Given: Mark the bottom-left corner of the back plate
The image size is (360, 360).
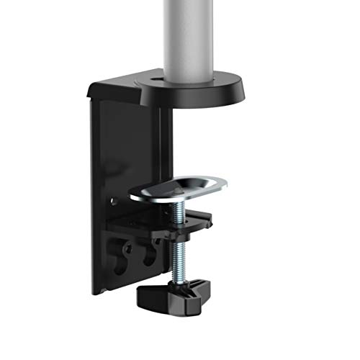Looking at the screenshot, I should tap(94, 292).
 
